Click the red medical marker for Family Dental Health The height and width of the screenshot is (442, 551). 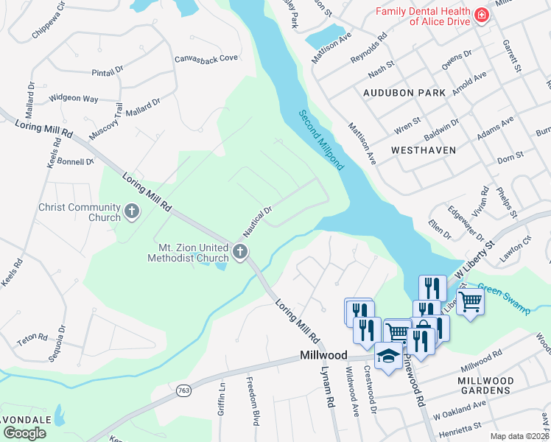[481, 15]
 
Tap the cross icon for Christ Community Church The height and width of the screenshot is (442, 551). [132, 212]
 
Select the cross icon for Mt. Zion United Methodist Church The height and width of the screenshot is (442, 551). [239, 253]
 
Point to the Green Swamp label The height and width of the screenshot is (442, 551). [504, 298]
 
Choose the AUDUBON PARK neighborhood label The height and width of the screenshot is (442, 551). [404, 94]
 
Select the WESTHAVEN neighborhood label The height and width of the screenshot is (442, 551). [424, 150]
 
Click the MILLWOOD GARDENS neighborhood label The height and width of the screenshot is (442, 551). [485, 385]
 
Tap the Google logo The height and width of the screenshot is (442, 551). [24, 433]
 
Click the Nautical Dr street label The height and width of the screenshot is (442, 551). [258, 221]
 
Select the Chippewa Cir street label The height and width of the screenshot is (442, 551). [49, 21]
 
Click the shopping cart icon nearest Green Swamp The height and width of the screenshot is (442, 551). [470, 301]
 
